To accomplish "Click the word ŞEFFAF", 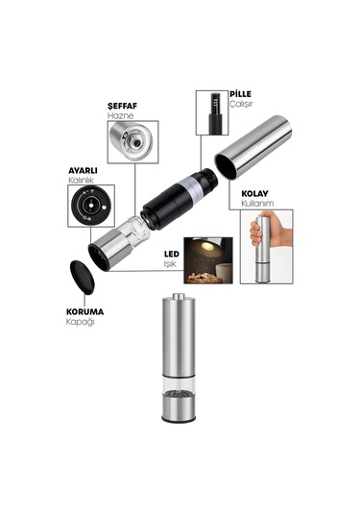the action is (122, 106).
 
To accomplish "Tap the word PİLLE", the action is (240, 94).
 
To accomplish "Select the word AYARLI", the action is (83, 171).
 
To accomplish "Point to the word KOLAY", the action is (254, 193).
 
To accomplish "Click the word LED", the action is (171, 254).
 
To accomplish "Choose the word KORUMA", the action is (84, 311).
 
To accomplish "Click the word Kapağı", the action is (81, 322).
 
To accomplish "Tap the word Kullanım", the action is (257, 204).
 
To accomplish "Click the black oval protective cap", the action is (83, 277).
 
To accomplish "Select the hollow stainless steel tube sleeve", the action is (252, 147).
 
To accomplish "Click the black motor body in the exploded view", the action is (179, 199).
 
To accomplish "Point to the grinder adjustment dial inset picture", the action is (91, 206).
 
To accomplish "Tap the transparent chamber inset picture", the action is (133, 142).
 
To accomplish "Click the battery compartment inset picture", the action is (212, 112).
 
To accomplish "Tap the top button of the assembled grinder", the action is (179, 296).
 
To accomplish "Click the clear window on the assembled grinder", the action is (179, 384).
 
